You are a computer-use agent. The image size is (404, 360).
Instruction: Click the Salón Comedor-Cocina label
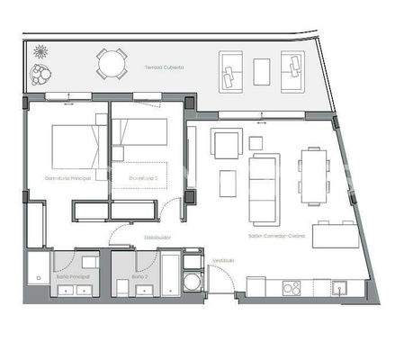277,236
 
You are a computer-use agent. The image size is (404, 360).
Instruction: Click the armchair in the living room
227,143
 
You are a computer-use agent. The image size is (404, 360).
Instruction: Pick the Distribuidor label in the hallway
157,238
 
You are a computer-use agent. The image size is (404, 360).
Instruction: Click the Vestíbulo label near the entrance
223,260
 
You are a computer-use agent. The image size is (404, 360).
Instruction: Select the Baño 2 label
140,276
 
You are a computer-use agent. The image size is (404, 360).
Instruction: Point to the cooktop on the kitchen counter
292,288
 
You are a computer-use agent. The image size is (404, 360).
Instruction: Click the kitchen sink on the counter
339,288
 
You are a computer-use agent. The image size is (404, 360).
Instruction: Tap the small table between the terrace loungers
262,71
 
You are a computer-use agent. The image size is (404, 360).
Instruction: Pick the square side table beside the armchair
256,142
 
